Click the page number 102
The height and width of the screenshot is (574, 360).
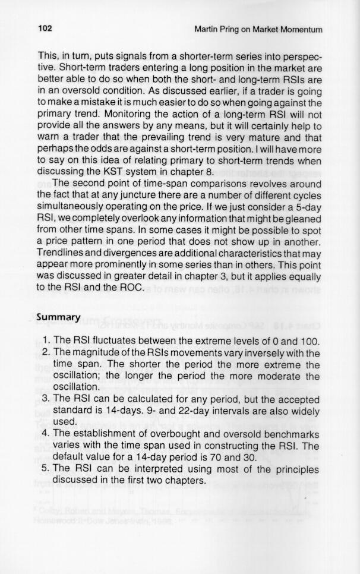(45, 29)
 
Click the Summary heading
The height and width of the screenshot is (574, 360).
(58, 317)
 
